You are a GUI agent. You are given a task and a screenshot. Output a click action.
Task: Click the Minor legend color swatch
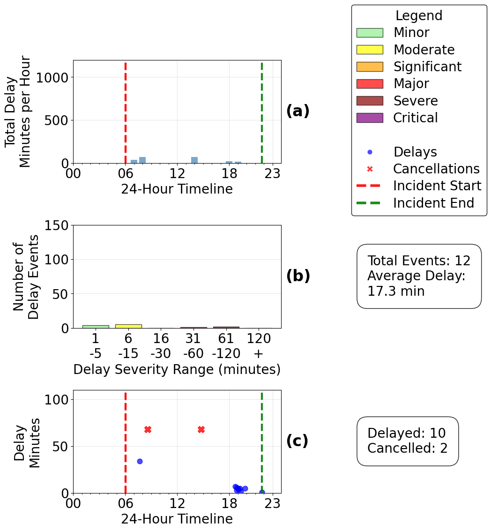[370, 33]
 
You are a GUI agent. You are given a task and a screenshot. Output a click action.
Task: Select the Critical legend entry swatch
[370, 118]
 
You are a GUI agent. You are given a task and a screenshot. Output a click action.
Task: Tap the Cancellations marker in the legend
[370, 169]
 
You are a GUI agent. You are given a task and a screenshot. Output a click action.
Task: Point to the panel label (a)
[298, 111]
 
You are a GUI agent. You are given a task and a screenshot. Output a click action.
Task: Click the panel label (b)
[298, 276]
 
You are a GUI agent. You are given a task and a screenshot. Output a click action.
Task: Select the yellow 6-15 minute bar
[128, 326]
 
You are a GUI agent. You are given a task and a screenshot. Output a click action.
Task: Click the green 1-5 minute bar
[96, 326]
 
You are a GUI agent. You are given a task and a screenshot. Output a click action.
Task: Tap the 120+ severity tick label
[258, 345]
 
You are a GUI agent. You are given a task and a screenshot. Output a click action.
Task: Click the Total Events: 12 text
[419, 261]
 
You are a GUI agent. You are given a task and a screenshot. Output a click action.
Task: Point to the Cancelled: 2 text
[408, 449]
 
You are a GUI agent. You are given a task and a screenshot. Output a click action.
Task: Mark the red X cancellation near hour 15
[201, 430]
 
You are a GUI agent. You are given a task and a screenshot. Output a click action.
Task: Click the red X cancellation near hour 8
[148, 430]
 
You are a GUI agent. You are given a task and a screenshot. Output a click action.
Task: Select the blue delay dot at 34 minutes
[140, 461]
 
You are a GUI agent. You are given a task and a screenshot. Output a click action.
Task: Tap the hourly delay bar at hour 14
[194, 160]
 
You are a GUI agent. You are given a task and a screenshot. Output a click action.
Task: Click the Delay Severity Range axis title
[177, 370]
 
